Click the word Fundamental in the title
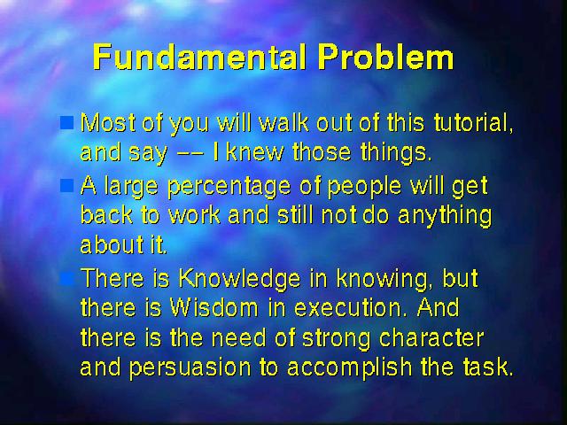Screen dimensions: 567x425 coord(199,57)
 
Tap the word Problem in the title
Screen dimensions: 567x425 coord(386,58)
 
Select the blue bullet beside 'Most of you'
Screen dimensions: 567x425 coord(66,122)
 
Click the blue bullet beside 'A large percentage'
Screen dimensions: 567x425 coord(66,185)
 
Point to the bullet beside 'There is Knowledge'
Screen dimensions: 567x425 coord(66,279)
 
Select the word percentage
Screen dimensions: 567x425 coord(229,188)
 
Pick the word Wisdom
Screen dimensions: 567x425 coord(214,307)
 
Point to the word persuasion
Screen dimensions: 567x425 coord(190,368)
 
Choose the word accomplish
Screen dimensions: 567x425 coord(349,368)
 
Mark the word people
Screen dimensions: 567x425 coord(364,188)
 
